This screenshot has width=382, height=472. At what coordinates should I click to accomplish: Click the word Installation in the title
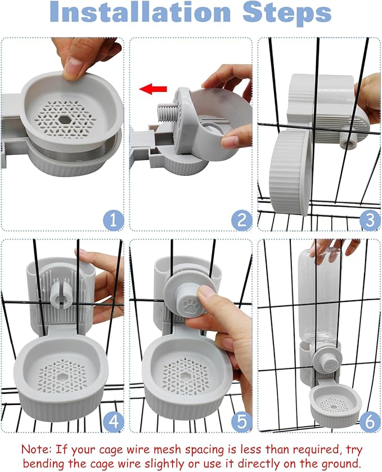[x=140, y=12]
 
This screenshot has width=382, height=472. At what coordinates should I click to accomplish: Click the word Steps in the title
[x=287, y=14]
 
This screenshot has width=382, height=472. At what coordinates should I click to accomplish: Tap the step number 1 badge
[x=113, y=220]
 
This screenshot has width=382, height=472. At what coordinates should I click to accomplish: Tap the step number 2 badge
[x=241, y=220]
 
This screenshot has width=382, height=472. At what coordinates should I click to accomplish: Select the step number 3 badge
[x=370, y=220]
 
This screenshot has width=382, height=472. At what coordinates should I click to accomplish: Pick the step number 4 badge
[x=113, y=421]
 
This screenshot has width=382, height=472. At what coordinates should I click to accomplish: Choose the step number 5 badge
[x=241, y=421]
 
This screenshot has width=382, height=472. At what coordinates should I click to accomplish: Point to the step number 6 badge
[x=370, y=421]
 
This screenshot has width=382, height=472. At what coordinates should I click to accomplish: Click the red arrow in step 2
[x=153, y=89]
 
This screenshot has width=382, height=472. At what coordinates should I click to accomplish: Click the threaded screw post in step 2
[x=167, y=112]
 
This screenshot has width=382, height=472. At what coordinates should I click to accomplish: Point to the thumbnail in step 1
[x=73, y=66]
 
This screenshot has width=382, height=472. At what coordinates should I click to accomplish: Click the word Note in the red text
[x=37, y=449]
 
